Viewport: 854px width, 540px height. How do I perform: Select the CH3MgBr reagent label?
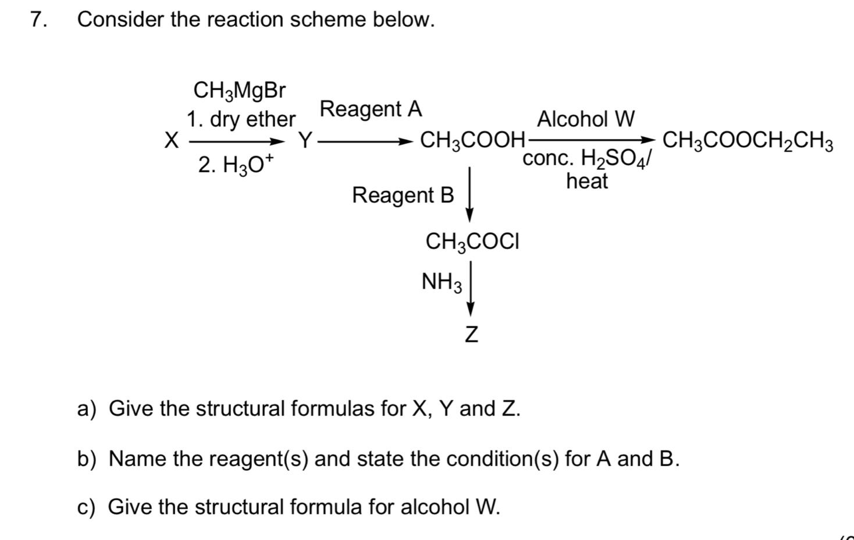coord(240,91)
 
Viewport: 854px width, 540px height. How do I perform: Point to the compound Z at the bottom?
coord(471,335)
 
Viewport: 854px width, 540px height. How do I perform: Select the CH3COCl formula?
coord(472,241)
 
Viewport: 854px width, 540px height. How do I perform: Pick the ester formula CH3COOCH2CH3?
coord(748,141)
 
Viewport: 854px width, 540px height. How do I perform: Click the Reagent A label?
coord(371,109)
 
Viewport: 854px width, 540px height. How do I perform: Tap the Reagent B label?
coord(403,196)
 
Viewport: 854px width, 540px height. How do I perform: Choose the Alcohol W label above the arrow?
coord(586,119)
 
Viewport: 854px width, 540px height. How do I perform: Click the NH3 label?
coord(442,283)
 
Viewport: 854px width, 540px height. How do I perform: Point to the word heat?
coord(587,182)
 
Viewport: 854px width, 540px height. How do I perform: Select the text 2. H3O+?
coord(236,165)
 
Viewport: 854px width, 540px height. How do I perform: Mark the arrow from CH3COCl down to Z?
coord(471,289)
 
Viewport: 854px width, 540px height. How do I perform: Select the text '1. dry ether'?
coord(241,120)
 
